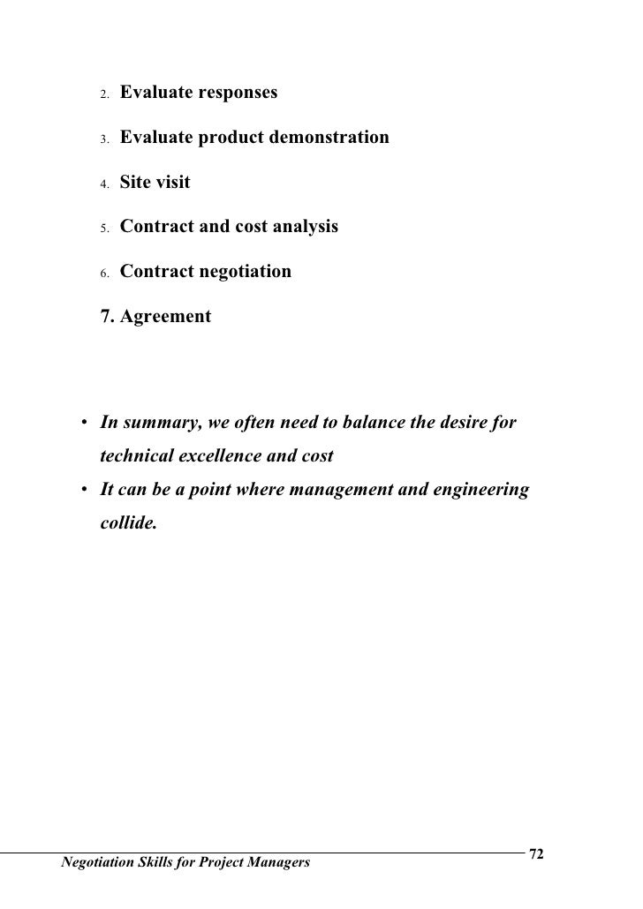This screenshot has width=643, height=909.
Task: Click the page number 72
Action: point(535,854)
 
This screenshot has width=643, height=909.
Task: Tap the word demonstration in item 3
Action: point(329,139)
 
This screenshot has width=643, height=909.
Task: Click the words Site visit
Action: point(155,184)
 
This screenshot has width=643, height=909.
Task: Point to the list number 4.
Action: point(102,185)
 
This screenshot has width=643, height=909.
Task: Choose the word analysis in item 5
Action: point(302,227)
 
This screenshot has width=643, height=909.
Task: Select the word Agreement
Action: point(165,316)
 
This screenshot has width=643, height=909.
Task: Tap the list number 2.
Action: point(102,94)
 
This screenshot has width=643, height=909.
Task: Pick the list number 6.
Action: point(102,274)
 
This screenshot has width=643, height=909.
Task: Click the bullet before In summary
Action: point(81,424)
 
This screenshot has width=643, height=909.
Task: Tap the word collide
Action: point(128,523)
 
